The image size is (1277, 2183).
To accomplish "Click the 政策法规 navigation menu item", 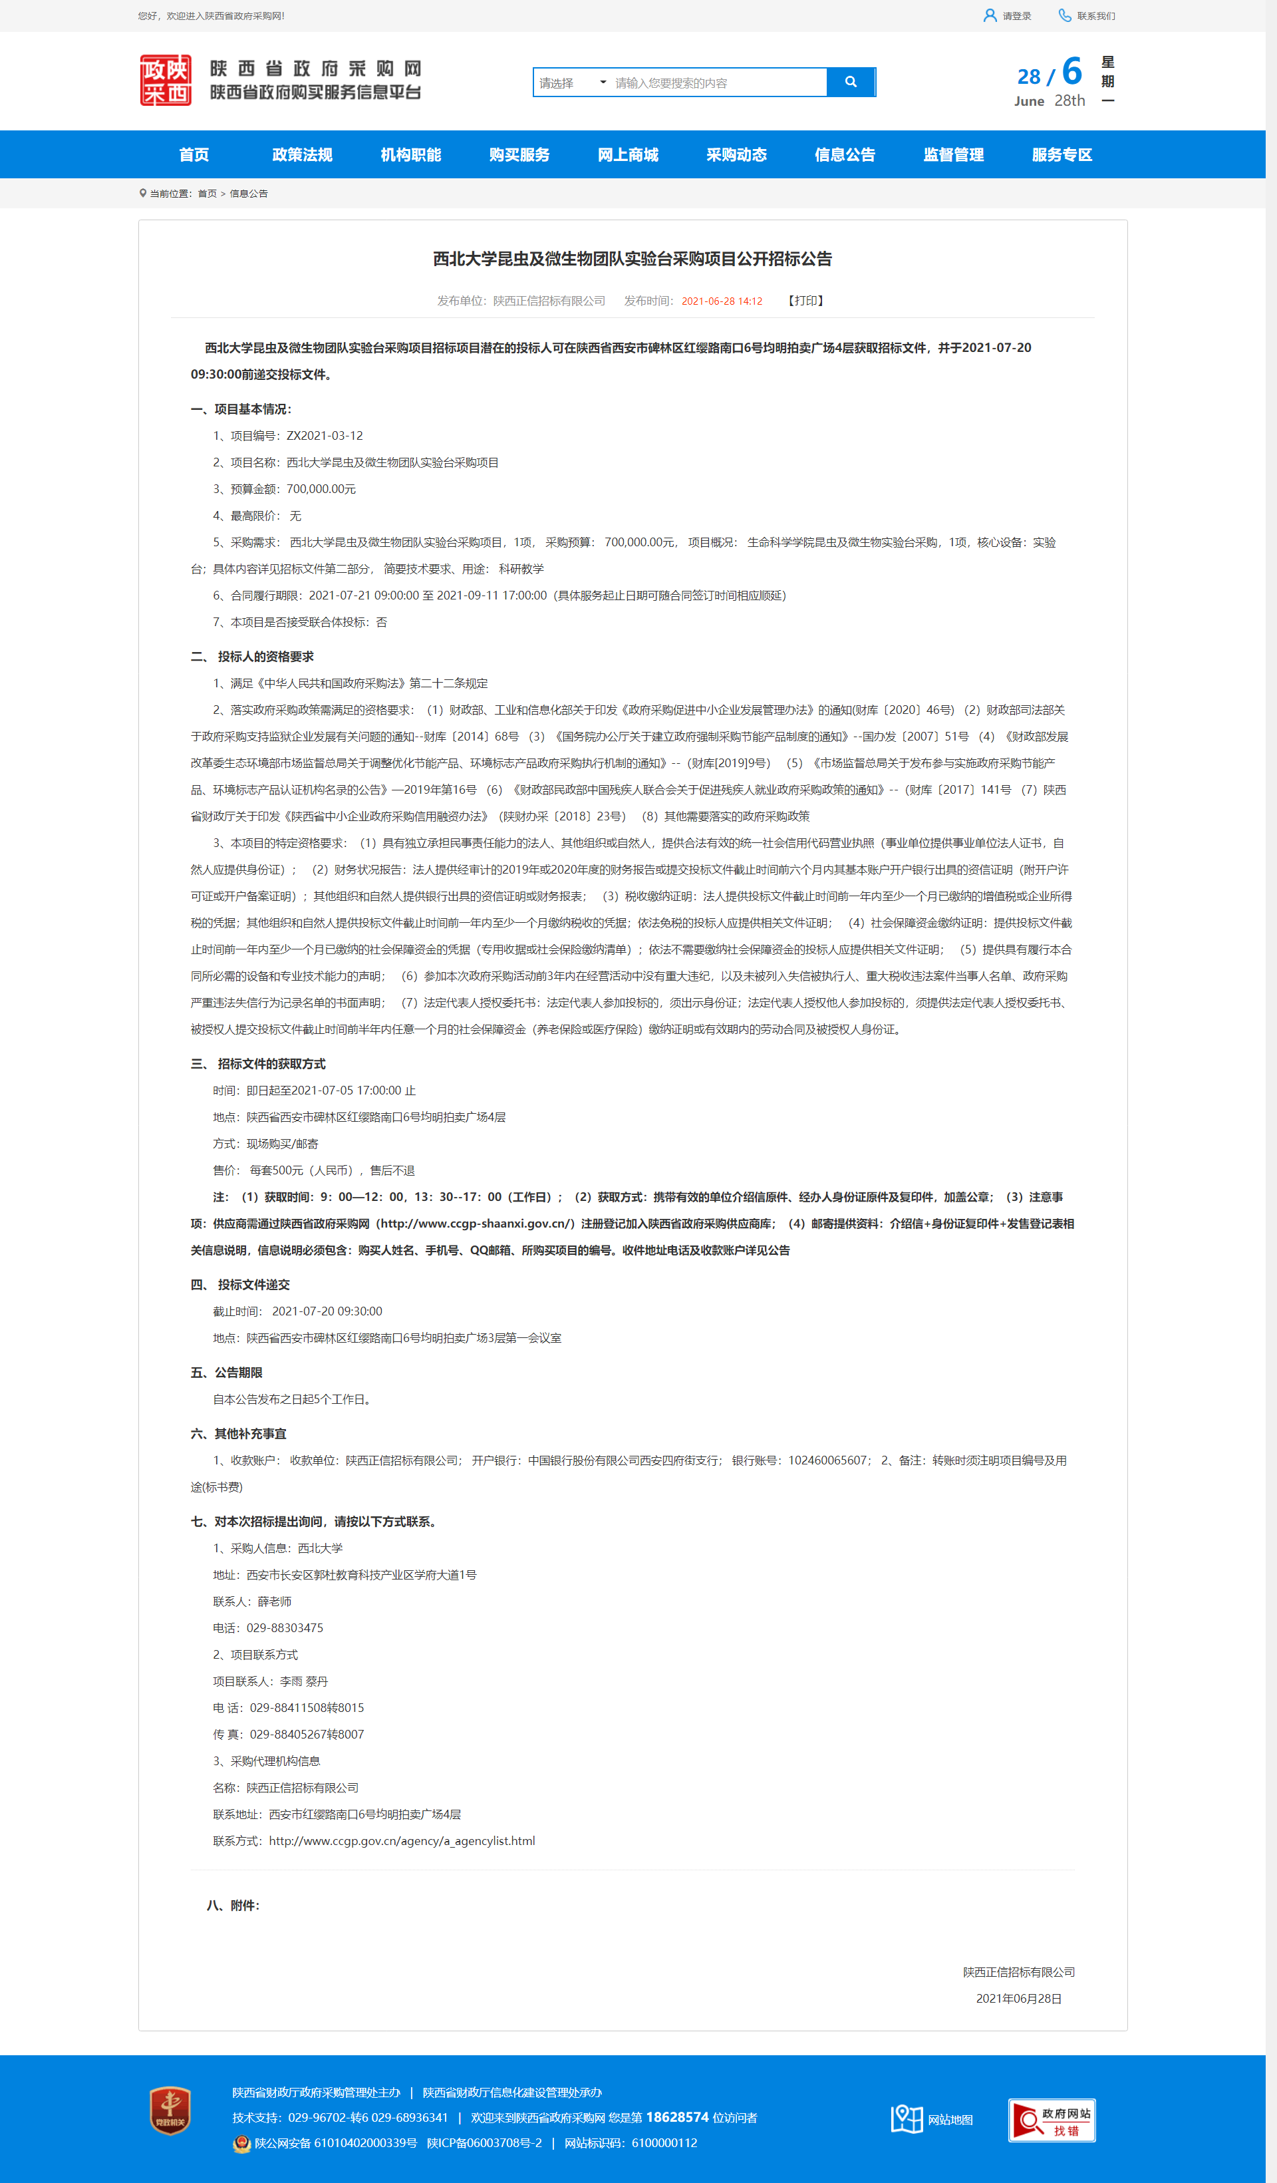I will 302,155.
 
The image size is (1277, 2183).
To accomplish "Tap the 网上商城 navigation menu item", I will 628,155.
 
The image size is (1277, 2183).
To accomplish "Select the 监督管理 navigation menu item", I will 953,155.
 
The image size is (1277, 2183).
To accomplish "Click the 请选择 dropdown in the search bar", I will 572,83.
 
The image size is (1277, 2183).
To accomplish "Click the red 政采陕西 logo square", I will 166,81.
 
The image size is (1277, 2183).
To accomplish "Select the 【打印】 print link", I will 805,301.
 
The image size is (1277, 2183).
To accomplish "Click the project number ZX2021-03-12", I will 325,436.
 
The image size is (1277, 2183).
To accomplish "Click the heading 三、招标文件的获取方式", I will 258,1064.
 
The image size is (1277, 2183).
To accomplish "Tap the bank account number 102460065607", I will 827,1460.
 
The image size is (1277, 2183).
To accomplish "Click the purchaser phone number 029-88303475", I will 285,1627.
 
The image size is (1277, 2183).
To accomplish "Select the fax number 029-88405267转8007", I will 307,1735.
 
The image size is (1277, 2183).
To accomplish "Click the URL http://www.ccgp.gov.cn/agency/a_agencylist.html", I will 402,1841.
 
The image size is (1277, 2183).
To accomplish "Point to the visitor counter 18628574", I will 677,2117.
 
